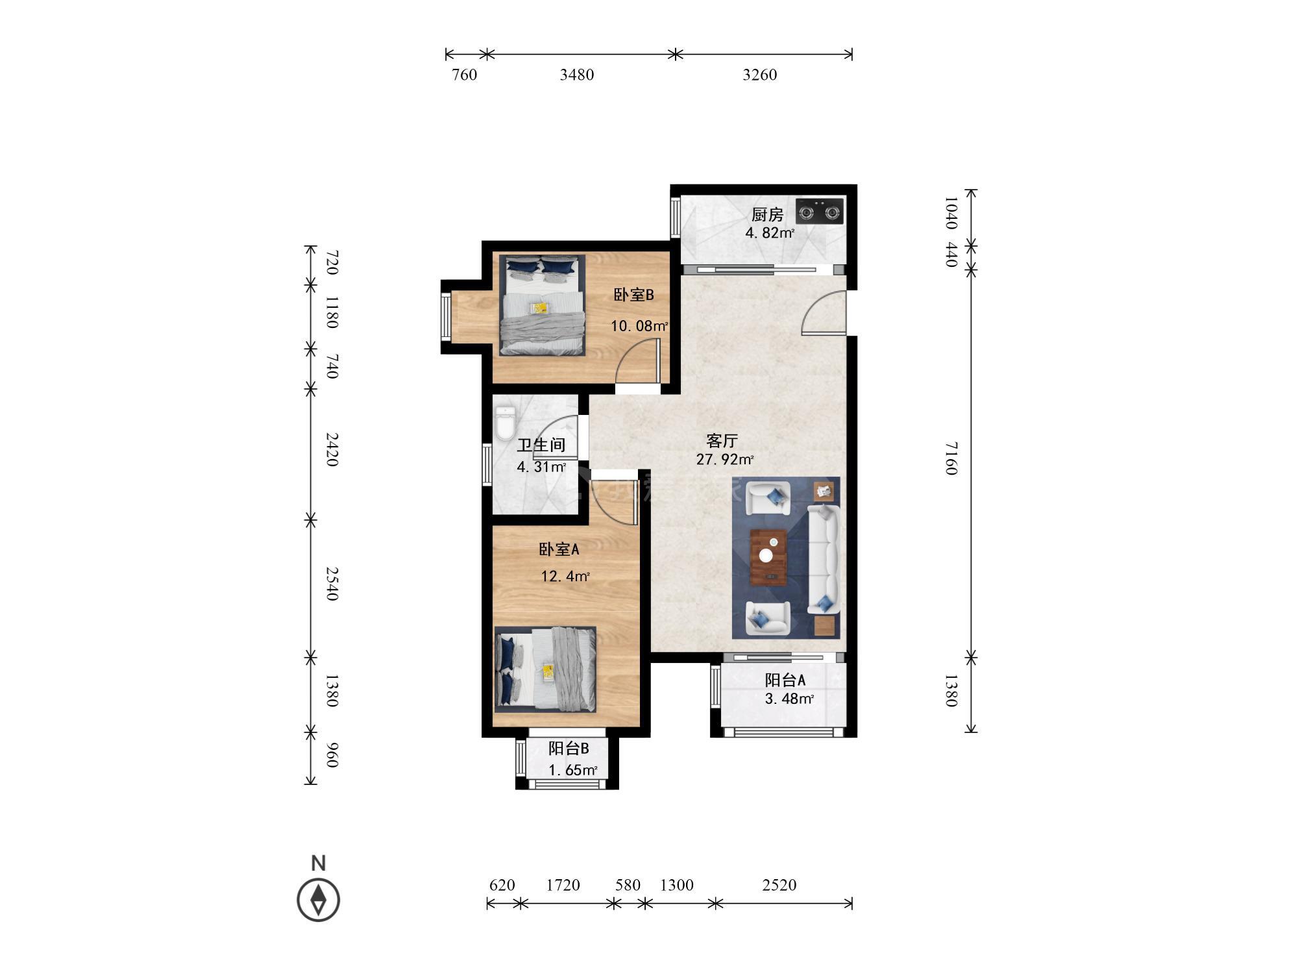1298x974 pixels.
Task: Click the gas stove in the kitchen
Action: (819, 211)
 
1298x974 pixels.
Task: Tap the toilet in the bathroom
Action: (504, 423)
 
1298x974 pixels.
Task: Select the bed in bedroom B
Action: (542, 305)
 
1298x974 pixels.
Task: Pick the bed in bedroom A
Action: (545, 668)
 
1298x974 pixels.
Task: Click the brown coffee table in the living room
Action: (768, 556)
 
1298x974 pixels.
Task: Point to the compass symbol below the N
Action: (318, 900)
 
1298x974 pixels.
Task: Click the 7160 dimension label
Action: (951, 458)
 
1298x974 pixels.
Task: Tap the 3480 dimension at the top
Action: (577, 75)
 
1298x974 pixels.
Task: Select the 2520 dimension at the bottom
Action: (779, 885)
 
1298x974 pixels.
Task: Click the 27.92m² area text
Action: (725, 460)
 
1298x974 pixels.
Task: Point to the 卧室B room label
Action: (634, 295)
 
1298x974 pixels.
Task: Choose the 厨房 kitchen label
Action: (768, 214)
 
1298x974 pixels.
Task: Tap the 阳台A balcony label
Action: (785, 680)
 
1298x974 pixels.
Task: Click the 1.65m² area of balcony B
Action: (573, 771)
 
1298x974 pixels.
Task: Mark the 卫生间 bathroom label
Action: (541, 445)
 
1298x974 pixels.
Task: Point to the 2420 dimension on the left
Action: (332, 449)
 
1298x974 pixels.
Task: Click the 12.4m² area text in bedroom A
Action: (565, 576)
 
